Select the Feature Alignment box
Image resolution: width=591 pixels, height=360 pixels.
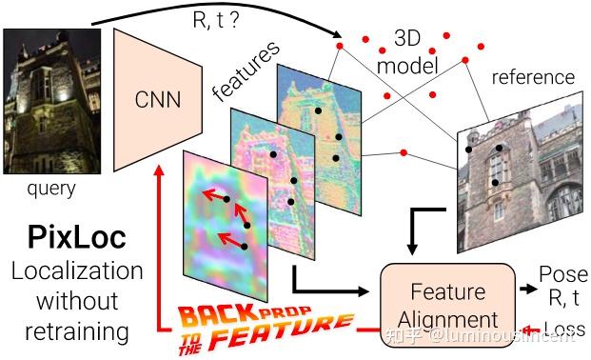tap(441, 303)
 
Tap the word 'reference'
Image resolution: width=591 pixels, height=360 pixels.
tap(533, 77)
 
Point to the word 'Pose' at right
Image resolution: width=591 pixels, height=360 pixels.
tap(561, 272)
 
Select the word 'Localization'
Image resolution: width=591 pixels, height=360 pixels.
tap(77, 271)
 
